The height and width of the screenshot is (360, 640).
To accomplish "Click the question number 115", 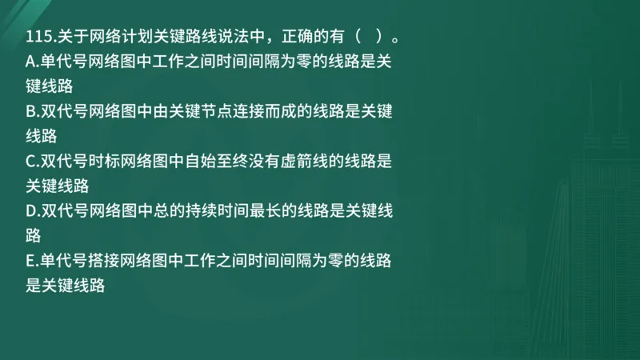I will tap(38, 38).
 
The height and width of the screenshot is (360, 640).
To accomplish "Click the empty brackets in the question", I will tap(360, 38).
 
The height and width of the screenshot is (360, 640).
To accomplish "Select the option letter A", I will tap(31, 62).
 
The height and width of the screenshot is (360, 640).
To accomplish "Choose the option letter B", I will tap(31, 112).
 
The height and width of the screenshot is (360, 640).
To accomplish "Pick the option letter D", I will tap(31, 211).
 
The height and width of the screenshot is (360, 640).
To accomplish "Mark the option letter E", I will tap(30, 261).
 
